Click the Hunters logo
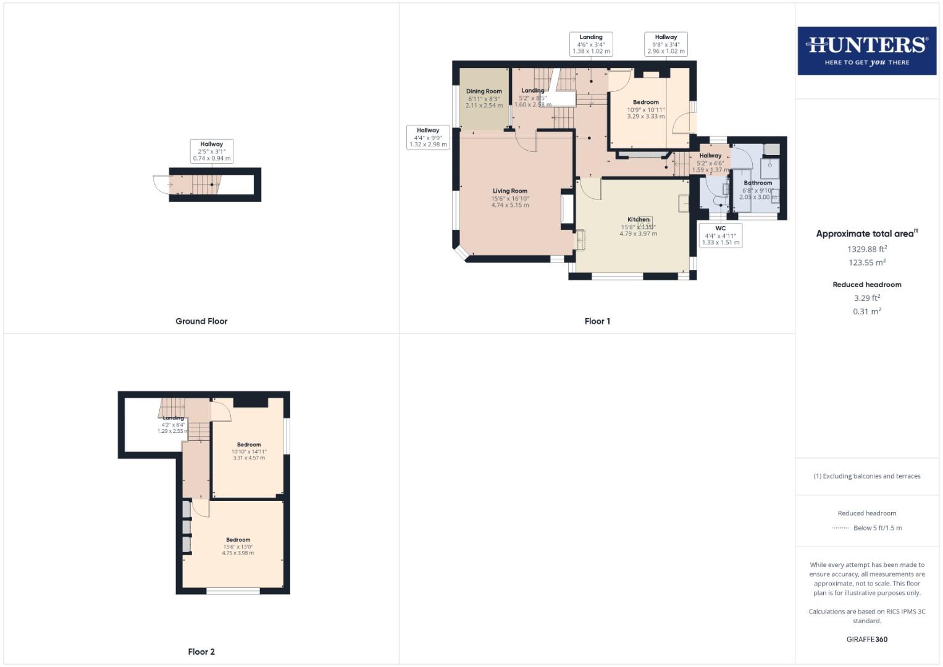pyautogui.click(x=866, y=51)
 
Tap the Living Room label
pyautogui.click(x=509, y=191)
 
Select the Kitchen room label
pyautogui.click(x=639, y=220)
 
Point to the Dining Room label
pyautogui.click(x=484, y=91)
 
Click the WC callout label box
pyautogui.click(x=720, y=235)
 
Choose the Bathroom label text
pyautogui.click(x=758, y=183)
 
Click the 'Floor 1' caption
pyautogui.click(x=597, y=321)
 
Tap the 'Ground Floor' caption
pyautogui.click(x=201, y=321)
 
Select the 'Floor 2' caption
pyautogui.click(x=201, y=652)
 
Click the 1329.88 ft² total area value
pyautogui.click(x=866, y=249)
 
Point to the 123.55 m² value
pyautogui.click(x=866, y=262)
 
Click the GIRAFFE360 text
pyautogui.click(x=866, y=639)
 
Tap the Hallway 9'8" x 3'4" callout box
pyautogui.click(x=666, y=44)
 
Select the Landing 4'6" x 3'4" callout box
pyautogui.click(x=590, y=44)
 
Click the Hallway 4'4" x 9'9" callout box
pyautogui.click(x=427, y=138)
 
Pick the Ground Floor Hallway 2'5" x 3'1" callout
pyautogui.click(x=211, y=151)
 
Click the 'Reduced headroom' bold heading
pyautogui.click(x=866, y=285)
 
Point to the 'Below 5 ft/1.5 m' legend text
pyautogui.click(x=877, y=528)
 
